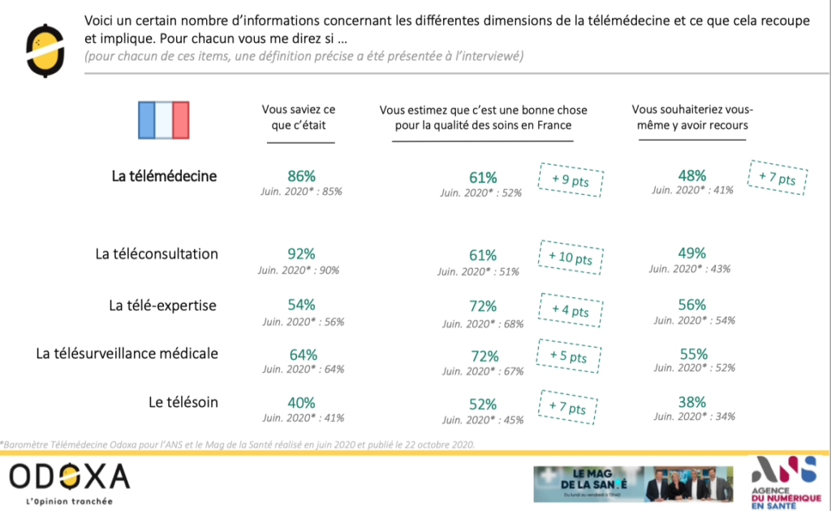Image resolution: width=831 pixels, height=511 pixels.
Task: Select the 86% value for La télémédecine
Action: pyautogui.click(x=301, y=176)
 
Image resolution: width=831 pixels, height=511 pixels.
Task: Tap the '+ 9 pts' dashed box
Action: pyautogui.click(x=571, y=179)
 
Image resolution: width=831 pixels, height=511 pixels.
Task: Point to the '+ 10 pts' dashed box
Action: pyautogui.click(x=571, y=258)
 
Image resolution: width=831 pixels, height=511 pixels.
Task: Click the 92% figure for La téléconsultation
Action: pyautogui.click(x=301, y=255)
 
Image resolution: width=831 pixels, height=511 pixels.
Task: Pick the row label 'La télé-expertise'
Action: pyautogui.click(x=163, y=305)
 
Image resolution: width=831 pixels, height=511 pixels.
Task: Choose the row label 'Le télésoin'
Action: pyautogui.click(x=183, y=401)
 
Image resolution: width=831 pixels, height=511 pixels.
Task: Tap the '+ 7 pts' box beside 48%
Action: pyautogui.click(x=777, y=176)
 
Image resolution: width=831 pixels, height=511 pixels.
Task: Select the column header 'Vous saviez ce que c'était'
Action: pyautogui.click(x=299, y=118)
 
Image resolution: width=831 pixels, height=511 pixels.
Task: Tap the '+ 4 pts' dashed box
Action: pyautogui.click(x=569, y=310)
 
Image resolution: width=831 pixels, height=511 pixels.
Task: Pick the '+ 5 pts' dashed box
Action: pyautogui.click(x=567, y=356)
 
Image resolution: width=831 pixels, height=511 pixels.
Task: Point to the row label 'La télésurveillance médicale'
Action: pyautogui.click(x=127, y=353)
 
